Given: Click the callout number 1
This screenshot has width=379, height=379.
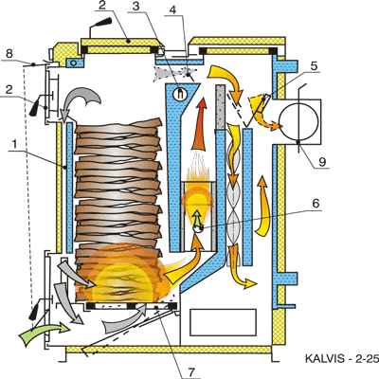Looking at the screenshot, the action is pyautogui.click(x=14, y=144).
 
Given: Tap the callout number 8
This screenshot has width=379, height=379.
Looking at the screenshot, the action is pyautogui.click(x=9, y=53).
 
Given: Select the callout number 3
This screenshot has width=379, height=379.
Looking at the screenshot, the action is pyautogui.click(x=135, y=7).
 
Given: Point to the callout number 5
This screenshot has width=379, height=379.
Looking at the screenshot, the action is pyautogui.click(x=172, y=9).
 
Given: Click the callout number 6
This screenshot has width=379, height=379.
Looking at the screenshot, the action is pyautogui.click(x=314, y=65).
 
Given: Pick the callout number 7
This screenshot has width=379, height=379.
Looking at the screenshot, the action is pyautogui.click(x=316, y=203).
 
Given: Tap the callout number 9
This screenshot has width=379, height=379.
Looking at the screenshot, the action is pyautogui.click(x=191, y=372).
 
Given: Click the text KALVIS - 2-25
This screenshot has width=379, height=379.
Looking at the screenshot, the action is pyautogui.click(x=341, y=359).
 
